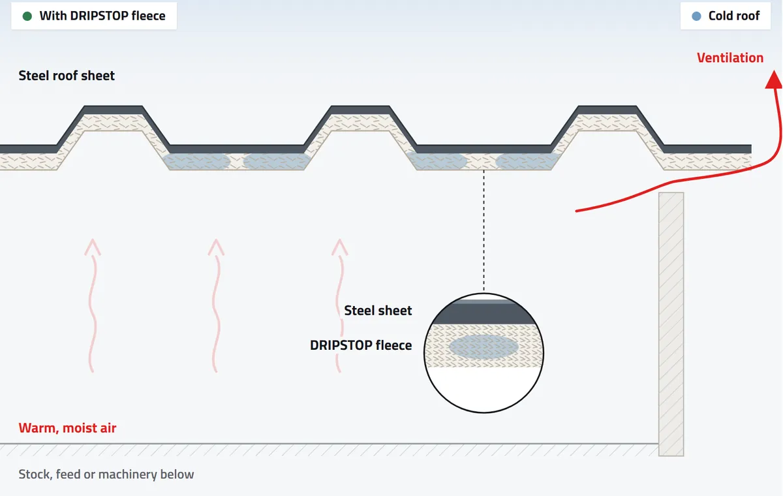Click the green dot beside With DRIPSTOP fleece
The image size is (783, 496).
pyautogui.click(x=27, y=16)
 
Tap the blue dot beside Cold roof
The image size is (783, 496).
pyautogui.click(x=696, y=16)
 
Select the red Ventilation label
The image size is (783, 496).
pyautogui.click(x=730, y=57)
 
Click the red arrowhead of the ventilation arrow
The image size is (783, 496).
pyautogui.click(x=774, y=80)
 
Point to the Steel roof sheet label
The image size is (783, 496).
pyautogui.click(x=67, y=76)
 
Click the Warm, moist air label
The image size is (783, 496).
pyautogui.click(x=67, y=428)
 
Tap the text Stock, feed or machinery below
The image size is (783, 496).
pyautogui.click(x=106, y=474)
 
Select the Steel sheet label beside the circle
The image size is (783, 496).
pyautogui.click(x=378, y=311)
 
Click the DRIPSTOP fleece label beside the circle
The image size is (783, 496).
pyautogui.click(x=361, y=345)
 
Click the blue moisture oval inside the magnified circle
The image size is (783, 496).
pyautogui.click(x=484, y=347)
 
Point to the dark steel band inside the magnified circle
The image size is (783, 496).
pyautogui.click(x=484, y=313)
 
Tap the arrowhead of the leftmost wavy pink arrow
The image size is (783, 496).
pyautogui.click(x=93, y=247)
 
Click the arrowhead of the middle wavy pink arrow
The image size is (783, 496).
pyautogui.click(x=216, y=247)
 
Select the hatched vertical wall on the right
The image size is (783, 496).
pyautogui.click(x=671, y=324)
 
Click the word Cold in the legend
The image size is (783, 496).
pyautogui.click(x=720, y=16)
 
